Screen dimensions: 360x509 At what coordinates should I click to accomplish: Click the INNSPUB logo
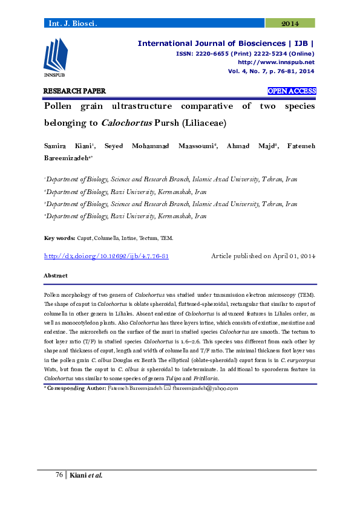pos(55,57)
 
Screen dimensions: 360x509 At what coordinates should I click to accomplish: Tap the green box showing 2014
pos(290,23)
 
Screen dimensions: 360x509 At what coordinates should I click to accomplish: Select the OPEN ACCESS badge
pos(292,91)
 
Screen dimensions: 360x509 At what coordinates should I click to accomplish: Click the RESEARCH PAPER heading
pos(74,91)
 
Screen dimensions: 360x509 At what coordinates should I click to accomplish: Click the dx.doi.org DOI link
pos(106,256)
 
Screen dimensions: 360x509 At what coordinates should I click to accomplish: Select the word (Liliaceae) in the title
pos(203,123)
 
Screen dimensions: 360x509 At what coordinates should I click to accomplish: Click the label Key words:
pos(59,239)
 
